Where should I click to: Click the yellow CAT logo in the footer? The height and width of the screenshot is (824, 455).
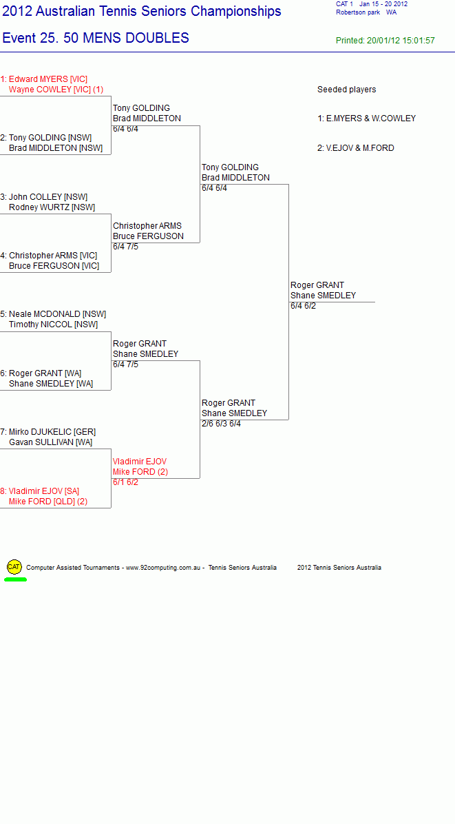point(14,567)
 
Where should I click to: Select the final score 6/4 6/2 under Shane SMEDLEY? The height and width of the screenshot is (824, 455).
point(304,306)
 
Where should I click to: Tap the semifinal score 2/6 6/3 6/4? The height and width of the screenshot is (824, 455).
point(222,424)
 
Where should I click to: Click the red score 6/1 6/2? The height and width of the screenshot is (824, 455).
point(125,482)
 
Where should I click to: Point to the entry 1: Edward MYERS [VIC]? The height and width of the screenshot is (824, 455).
point(44,79)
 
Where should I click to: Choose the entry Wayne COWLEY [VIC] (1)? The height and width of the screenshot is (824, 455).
point(56,90)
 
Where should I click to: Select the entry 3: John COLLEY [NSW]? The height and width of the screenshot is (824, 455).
point(44,197)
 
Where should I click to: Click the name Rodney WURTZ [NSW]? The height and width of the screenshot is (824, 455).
point(52,207)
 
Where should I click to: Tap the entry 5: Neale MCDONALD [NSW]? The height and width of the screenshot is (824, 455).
point(54,314)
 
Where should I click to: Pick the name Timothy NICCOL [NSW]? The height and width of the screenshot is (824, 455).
point(54,325)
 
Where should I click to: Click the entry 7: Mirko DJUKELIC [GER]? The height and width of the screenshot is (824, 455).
point(48,432)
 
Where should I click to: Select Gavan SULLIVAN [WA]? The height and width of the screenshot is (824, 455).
point(50,442)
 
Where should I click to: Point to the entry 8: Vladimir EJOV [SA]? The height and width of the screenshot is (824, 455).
point(40,491)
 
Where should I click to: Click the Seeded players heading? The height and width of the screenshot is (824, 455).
point(347,90)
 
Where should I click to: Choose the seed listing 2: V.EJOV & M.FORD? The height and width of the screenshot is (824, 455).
point(356,148)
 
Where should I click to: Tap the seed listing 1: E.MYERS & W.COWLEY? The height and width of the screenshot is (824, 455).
point(367,119)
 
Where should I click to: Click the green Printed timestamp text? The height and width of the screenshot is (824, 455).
point(385,41)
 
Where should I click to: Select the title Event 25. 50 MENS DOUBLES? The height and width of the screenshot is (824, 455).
point(96,38)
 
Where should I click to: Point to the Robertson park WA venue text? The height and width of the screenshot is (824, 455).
point(366,12)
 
